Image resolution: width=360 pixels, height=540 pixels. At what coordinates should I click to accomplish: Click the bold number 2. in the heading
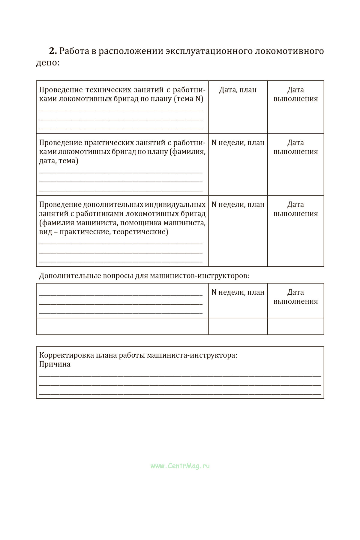(53, 51)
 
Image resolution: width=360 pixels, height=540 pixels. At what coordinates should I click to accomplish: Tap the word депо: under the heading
(48, 63)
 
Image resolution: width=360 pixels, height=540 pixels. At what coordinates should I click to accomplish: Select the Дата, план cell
(238, 90)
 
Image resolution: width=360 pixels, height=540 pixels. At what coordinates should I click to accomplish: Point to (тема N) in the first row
(188, 99)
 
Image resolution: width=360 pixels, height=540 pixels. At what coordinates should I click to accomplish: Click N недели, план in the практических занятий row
(238, 142)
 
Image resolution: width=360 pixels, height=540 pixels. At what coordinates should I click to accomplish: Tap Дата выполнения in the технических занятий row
(295, 94)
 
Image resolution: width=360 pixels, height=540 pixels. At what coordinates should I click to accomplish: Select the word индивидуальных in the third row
(175, 205)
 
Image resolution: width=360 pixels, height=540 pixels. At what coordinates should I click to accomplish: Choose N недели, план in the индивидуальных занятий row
(238, 205)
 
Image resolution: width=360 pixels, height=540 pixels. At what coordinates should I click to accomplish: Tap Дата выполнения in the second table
(295, 297)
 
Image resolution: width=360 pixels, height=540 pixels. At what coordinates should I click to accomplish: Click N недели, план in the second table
(238, 292)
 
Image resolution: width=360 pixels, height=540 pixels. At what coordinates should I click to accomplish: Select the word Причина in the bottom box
(55, 364)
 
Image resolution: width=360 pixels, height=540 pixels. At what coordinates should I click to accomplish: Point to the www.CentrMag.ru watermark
(180, 466)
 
